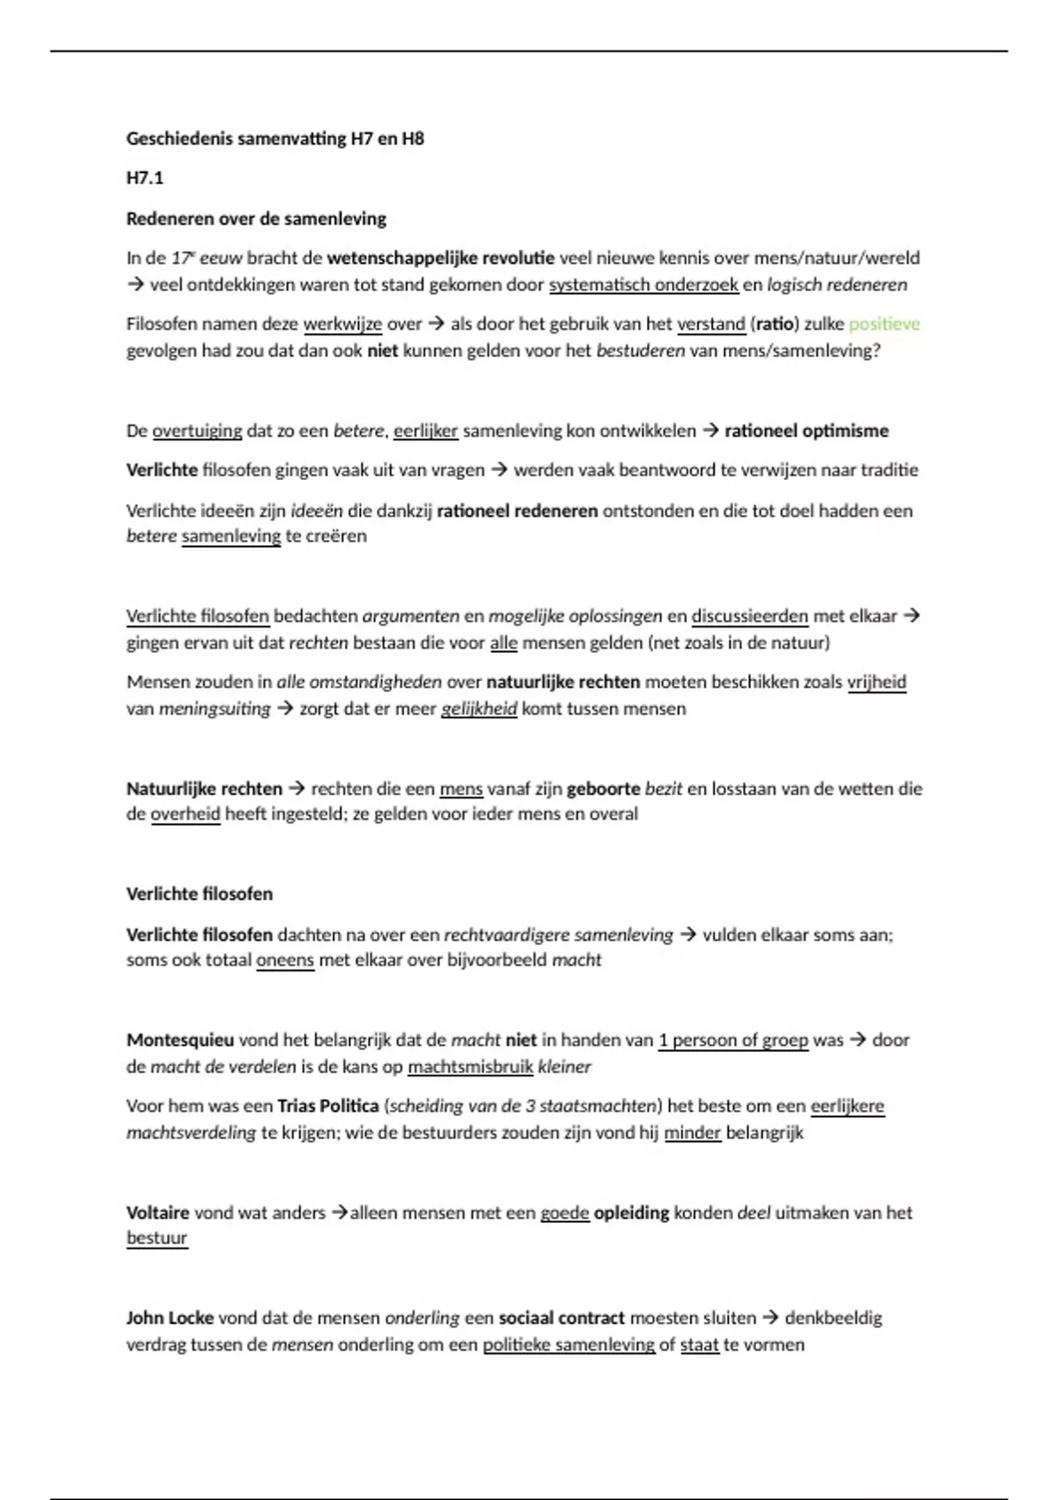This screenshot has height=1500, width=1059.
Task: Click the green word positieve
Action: pos(883,324)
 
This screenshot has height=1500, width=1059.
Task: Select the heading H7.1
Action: pos(145,178)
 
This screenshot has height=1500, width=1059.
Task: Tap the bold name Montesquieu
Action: pos(180,1040)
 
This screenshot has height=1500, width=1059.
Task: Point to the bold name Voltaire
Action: pos(158,1212)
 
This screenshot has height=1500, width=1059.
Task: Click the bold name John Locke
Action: pos(169,1318)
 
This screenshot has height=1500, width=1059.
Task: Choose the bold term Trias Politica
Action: pos(327,1106)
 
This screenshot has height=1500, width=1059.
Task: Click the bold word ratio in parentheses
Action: pos(774,324)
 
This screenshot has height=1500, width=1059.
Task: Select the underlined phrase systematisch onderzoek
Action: pos(643,285)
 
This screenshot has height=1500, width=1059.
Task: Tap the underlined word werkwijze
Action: pos(342,324)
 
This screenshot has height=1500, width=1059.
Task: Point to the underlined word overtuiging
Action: pos(197,431)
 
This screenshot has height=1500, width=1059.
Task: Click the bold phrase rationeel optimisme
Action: pos(807,431)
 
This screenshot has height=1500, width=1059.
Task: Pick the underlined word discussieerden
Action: pos(749,616)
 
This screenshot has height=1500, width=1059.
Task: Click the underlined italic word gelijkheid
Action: pos(478,709)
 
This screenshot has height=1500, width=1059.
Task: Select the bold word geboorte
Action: pos(604,789)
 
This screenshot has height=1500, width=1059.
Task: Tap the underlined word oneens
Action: pos(285,960)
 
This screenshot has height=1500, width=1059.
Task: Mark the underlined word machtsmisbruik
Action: pos(470,1067)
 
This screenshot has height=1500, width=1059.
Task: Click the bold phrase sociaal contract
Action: pos(561,1318)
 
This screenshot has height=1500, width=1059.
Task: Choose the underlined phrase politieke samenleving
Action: pos(568,1345)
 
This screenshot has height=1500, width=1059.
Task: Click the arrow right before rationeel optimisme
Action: pos(710,431)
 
